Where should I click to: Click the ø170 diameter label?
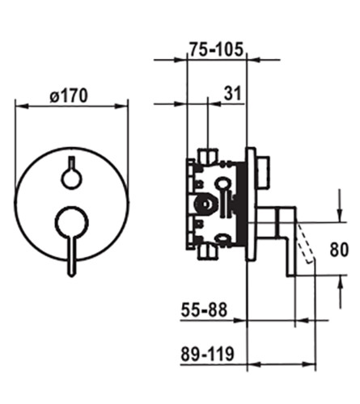point(69,95)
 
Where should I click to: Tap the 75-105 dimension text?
point(216,49)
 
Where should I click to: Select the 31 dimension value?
point(232,93)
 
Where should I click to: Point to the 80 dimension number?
point(339,250)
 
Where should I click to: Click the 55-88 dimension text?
point(204,309)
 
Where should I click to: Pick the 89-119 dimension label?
point(207,354)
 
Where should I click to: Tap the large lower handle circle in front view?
point(71,222)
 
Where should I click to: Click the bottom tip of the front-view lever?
point(71,276)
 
